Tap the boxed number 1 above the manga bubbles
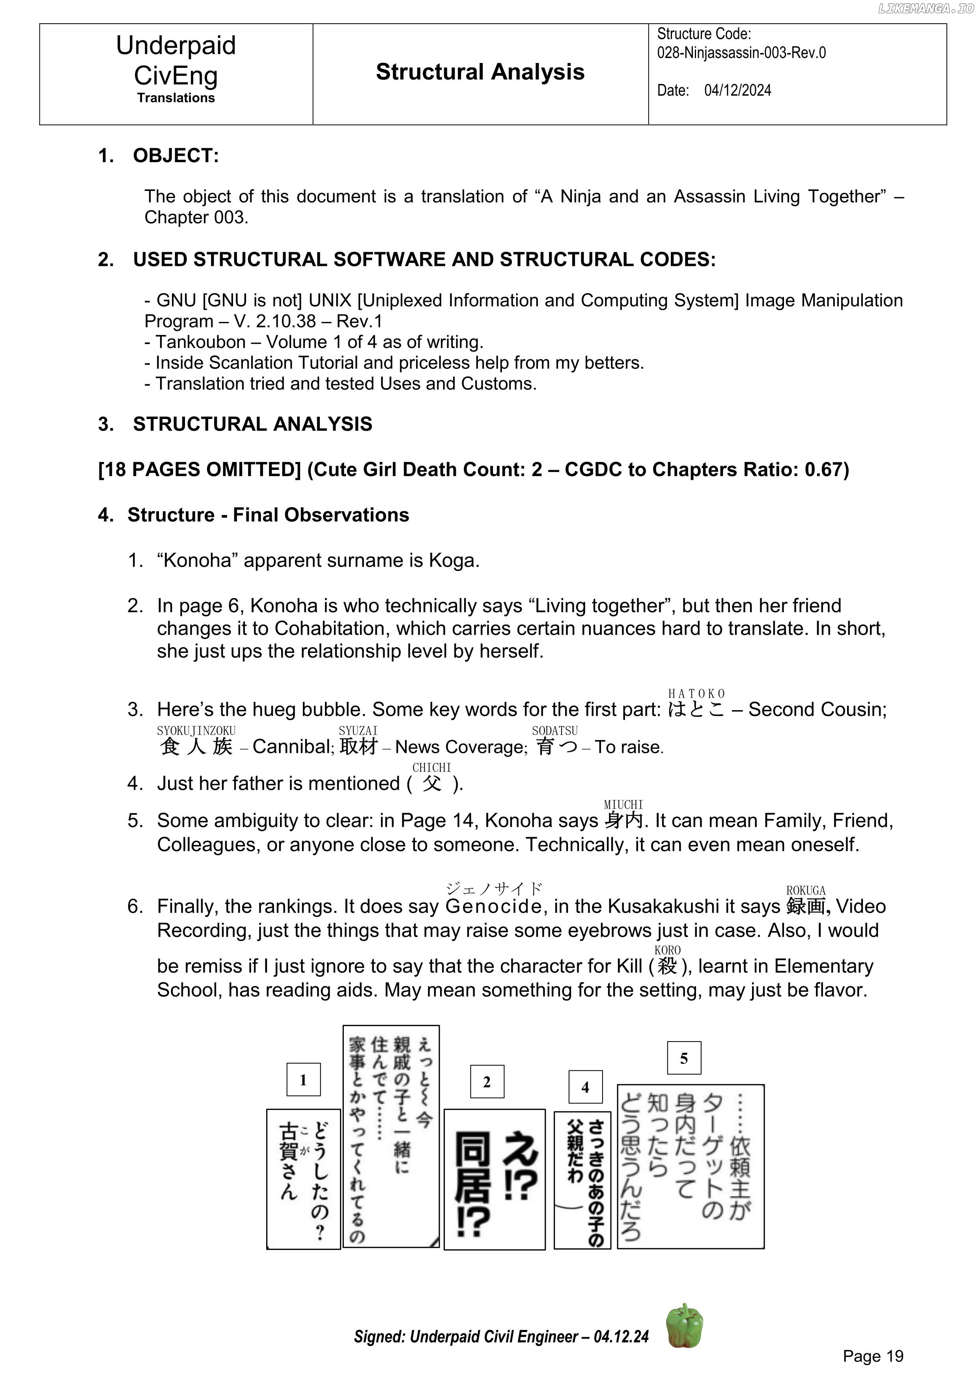[303, 1079]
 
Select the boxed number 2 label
[487, 1082]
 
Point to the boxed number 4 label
[585, 1087]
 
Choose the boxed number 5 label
[684, 1058]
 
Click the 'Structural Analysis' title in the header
[480, 72]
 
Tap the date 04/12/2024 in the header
[737, 90]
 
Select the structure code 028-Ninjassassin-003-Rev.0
[741, 53]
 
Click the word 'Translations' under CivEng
[176, 98]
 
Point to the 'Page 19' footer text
[873, 1356]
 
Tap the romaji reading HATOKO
[696, 694]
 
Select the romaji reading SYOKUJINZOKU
[196, 731]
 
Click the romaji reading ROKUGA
[806, 890]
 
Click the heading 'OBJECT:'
[176, 155]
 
